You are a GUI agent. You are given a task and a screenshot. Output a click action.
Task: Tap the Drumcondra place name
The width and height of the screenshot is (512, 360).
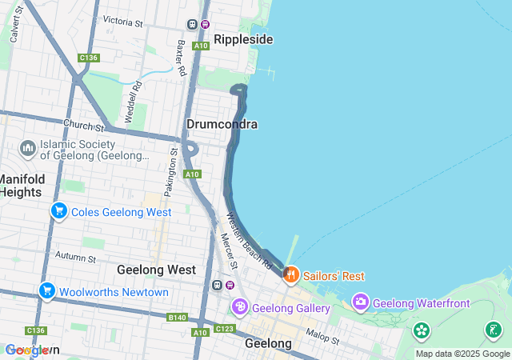pos(222,124)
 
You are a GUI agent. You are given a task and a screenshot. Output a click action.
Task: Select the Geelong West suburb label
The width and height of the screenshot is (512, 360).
pos(156,270)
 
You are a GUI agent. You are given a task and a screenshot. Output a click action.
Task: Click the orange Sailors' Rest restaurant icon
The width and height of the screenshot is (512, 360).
pos(291,275)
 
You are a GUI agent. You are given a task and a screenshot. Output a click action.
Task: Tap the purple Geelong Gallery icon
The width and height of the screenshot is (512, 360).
pos(239,308)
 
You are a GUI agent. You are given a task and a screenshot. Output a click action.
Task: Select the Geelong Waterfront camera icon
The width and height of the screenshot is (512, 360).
pos(361,302)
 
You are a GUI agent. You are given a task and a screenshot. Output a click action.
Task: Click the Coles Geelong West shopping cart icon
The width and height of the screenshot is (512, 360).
pos(58,212)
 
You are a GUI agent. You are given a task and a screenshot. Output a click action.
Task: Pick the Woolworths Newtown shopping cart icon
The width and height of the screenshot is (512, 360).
pos(46,292)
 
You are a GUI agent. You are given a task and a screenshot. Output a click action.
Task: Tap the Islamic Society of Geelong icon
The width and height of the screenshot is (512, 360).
pos(28,148)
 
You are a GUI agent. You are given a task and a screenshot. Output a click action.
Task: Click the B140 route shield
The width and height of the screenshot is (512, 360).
pos(178,318)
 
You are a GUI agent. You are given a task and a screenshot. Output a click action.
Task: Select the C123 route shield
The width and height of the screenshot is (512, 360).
pos(225,329)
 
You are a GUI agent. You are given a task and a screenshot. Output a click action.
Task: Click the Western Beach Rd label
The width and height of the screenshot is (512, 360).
pos(250,241)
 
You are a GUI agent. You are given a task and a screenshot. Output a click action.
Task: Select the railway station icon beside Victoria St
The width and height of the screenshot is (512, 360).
pos(193,24)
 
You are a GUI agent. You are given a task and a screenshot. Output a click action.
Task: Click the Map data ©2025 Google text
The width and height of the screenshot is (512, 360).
pos(462,354)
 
